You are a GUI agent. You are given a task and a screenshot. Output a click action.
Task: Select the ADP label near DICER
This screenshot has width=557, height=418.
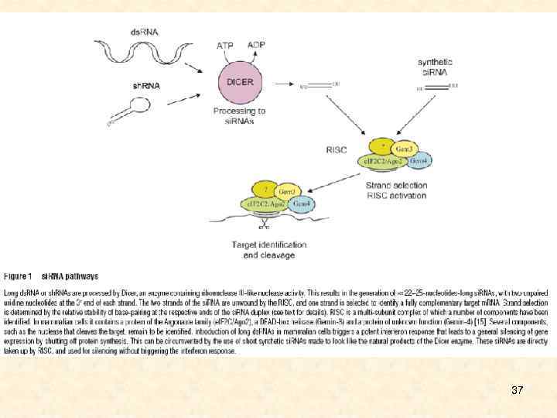point(256,45)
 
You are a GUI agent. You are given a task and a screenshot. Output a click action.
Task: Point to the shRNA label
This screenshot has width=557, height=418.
point(144,85)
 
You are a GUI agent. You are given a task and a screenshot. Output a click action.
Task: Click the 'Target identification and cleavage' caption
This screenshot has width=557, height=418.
point(268,249)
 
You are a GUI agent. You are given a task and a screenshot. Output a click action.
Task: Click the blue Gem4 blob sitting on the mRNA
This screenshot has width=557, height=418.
point(301,204)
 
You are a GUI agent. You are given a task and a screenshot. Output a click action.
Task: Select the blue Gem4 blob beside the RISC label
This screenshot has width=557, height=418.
point(418,160)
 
